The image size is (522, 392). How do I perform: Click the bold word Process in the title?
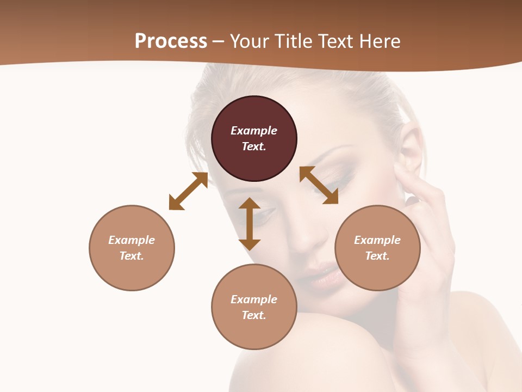(171, 41)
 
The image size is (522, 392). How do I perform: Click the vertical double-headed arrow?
(250, 224)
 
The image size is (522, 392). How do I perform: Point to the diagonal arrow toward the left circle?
(188, 191)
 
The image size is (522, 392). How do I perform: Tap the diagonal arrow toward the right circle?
(319, 185)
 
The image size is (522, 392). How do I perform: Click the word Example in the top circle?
(254, 131)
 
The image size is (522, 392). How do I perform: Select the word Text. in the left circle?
(132, 256)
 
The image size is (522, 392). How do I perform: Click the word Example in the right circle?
(377, 240)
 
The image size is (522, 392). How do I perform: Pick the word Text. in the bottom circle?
(254, 315)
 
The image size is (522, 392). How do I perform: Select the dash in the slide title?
(219, 41)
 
